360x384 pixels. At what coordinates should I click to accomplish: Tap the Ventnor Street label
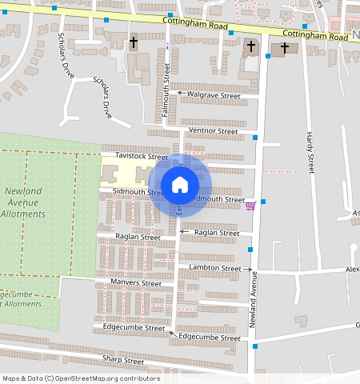click(x=213, y=130)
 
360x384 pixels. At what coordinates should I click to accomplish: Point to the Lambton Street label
click(x=214, y=268)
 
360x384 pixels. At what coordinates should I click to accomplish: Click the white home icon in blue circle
click(x=180, y=185)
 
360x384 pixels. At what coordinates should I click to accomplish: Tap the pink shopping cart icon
click(x=250, y=206)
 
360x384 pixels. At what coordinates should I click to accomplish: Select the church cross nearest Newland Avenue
click(x=251, y=46)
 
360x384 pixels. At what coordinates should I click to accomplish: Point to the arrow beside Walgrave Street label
click(x=181, y=94)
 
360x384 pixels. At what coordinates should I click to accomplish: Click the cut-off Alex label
click(x=352, y=270)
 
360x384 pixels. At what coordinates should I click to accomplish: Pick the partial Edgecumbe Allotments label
click(x=20, y=298)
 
